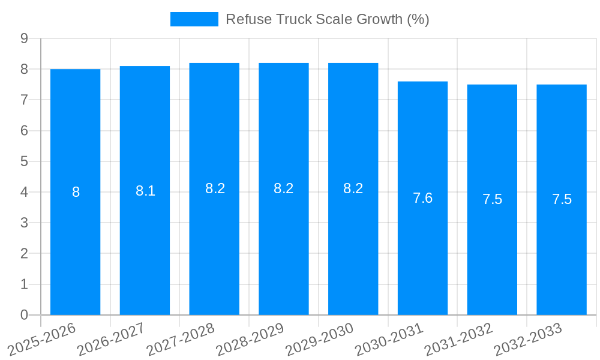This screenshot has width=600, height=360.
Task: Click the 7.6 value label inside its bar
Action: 422,198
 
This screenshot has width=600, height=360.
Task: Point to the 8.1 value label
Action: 145,191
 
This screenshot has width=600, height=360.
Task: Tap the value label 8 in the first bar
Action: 76,192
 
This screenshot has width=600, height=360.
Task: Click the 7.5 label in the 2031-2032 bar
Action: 492,199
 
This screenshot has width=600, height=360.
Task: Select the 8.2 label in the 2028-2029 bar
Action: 283,188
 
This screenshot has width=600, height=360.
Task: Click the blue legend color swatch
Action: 194,19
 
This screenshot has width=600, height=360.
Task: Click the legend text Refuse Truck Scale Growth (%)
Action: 327,19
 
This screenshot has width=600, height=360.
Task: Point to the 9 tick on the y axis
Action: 24,38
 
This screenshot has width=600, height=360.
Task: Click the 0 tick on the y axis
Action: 24,315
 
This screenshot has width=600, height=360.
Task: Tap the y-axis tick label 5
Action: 24,161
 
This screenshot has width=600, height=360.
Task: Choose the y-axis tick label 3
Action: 24,223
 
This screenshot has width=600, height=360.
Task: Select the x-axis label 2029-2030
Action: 320,339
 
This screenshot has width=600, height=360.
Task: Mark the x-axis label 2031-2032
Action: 459,339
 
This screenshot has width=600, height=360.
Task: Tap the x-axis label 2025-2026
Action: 42,339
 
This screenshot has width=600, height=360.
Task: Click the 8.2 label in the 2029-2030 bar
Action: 353,188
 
